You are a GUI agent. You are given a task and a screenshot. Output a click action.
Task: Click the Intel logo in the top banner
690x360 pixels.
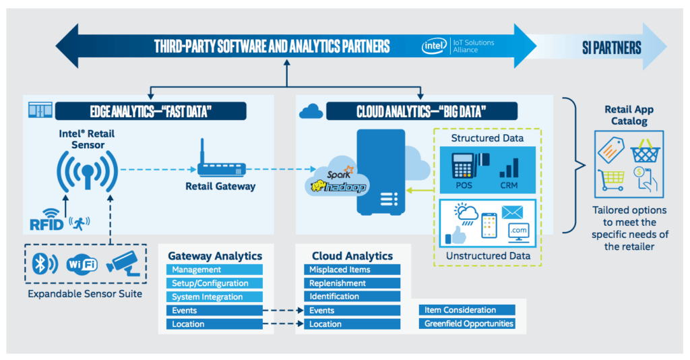pyautogui.click(x=434, y=46)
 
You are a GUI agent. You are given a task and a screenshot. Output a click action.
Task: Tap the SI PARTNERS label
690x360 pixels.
pyautogui.click(x=612, y=48)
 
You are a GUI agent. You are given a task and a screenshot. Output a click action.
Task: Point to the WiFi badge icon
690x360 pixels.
pyautogui.click(x=82, y=264)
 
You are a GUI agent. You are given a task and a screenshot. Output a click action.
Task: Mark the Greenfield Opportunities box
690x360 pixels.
pyautogui.click(x=469, y=324)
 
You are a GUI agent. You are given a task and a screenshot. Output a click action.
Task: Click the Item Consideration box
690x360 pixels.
pyautogui.click(x=469, y=310)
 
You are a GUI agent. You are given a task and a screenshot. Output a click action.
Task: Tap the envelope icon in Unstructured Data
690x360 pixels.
pyautogui.click(x=512, y=212)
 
